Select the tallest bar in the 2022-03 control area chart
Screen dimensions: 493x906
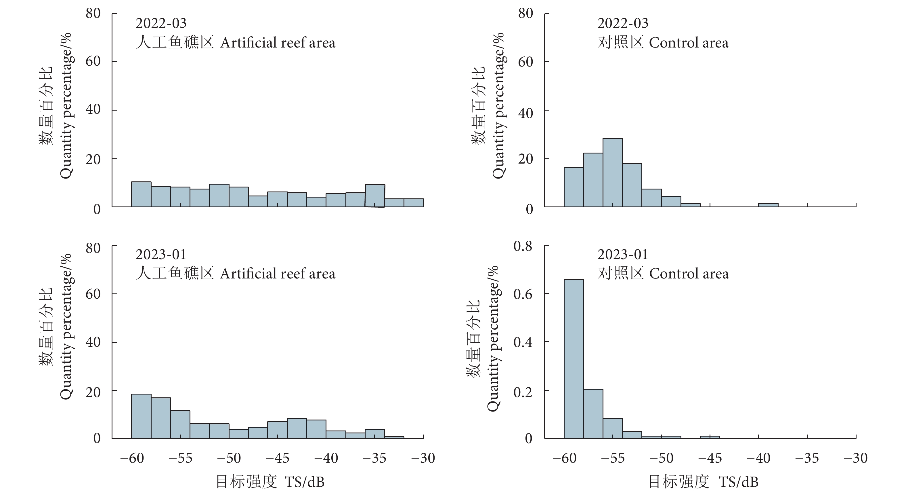(612, 172)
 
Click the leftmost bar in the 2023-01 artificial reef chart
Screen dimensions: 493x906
(141, 416)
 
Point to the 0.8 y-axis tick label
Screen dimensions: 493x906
(523, 246)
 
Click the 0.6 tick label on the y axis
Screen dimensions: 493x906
(523, 294)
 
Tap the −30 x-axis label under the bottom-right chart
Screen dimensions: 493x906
(855, 458)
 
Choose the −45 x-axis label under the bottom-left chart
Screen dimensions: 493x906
(277, 458)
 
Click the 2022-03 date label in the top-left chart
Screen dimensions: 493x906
(161, 23)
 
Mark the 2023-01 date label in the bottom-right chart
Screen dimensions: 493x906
(622, 254)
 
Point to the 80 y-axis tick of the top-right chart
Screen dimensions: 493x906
(525, 14)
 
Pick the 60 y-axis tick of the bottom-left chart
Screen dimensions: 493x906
(93, 294)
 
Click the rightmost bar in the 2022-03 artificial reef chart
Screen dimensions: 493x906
(414, 203)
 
